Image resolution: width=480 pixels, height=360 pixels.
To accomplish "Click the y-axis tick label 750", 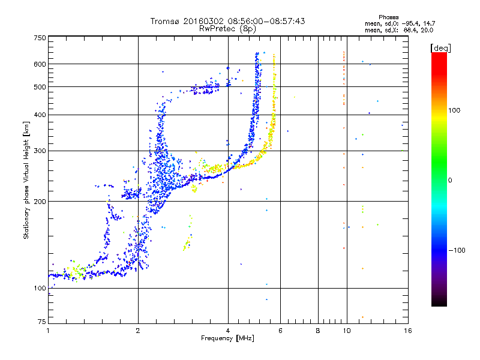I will pyautogui.click(x=40, y=38).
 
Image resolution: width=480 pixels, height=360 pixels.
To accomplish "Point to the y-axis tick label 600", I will pyautogui.click(x=40, y=64).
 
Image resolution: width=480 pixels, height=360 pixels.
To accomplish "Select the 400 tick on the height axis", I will pyautogui.click(x=40, y=115).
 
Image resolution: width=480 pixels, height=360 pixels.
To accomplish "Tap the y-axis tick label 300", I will pyautogui.click(x=40, y=151).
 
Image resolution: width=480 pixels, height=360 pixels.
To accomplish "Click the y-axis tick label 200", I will pyautogui.click(x=40, y=201).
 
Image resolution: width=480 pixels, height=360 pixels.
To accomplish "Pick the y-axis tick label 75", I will pyautogui.click(x=41, y=322).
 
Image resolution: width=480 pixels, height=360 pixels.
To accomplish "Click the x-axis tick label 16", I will pyautogui.click(x=407, y=331).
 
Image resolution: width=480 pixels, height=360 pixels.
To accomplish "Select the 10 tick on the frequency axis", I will pyautogui.click(x=346, y=331).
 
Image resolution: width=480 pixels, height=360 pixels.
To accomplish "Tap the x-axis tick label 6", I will pyautogui.click(x=280, y=331).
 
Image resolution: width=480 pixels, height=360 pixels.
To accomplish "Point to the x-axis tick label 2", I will pyautogui.click(x=138, y=331).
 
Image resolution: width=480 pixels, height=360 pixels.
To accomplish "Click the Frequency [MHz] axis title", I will pyautogui.click(x=227, y=339).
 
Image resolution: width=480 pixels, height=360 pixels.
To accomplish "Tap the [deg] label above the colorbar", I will pyautogui.click(x=440, y=47).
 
